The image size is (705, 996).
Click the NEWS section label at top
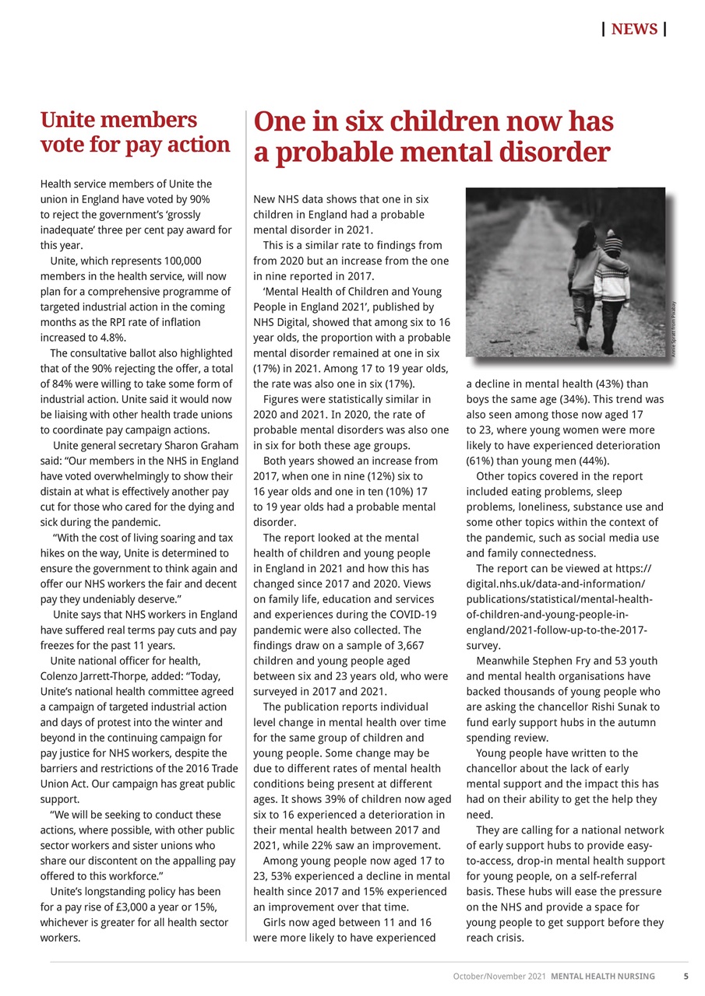634,30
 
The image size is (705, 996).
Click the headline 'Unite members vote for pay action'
135,132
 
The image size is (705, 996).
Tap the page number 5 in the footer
686,976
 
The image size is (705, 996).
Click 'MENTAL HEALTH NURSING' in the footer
602,976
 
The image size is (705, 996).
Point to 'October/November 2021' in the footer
499,976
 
